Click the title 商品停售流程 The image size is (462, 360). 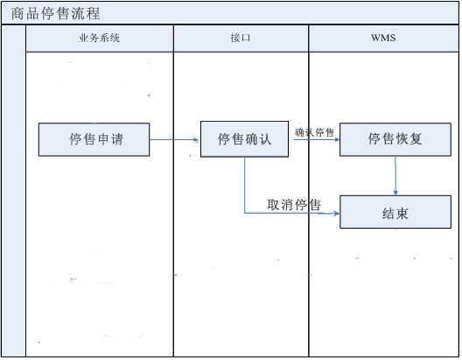click(55, 13)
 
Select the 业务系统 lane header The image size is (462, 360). click(100, 39)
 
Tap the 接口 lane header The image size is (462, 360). click(241, 39)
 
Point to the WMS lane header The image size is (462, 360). click(383, 39)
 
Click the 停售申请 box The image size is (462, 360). click(94, 139)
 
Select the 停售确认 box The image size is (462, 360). click(244, 139)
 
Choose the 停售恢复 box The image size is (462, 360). click(395, 139)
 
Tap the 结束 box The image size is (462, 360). click(395, 212)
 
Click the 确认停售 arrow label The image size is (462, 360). click(315, 132)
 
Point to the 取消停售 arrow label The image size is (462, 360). click(294, 205)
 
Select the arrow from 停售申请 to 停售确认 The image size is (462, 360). click(174, 140)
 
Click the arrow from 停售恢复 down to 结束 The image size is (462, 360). click(395, 175)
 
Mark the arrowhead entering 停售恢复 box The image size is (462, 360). click(338, 139)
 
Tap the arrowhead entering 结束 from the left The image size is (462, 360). click(337, 213)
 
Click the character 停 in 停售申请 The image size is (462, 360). click(76, 139)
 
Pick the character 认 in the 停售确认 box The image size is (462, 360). click(265, 139)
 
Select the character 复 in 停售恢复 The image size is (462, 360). click(416, 139)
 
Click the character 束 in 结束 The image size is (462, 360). click(402, 214)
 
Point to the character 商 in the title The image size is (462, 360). click(17, 13)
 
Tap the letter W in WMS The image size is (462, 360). click(375, 38)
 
